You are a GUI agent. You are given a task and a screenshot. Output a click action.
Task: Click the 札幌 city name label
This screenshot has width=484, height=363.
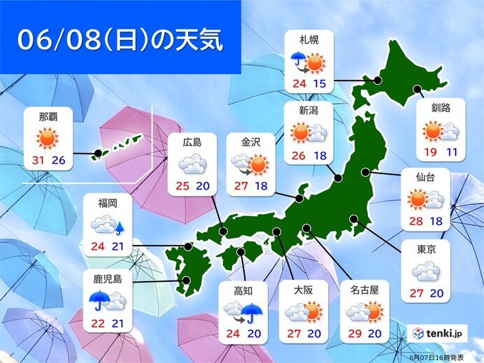[309, 41]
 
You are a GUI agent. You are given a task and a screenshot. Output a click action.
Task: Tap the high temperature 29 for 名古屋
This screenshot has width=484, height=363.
[355, 332]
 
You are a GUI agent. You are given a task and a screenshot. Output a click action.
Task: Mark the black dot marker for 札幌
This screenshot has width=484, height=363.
[378, 81]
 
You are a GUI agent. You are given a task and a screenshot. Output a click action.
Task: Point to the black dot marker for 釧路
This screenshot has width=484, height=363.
[418, 89]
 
